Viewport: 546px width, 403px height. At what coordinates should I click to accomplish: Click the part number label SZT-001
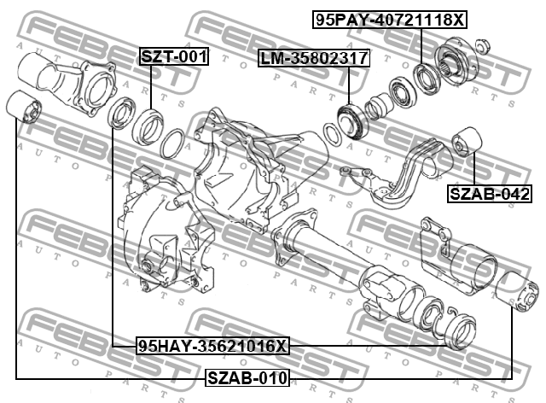pyautogui.click(x=174, y=56)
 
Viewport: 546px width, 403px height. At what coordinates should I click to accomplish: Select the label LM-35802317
pyautogui.click(x=314, y=58)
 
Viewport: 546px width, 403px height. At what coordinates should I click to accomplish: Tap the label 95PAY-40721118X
pyautogui.click(x=390, y=20)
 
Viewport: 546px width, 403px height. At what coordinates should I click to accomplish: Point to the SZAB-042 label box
pyautogui.click(x=490, y=194)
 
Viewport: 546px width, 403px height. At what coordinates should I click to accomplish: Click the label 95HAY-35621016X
pyautogui.click(x=212, y=346)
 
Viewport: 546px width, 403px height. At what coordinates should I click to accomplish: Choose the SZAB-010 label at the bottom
pyautogui.click(x=247, y=377)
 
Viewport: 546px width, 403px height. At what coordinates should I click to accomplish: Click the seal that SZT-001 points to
pyautogui.click(x=148, y=126)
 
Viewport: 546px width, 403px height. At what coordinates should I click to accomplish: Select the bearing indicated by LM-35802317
pyautogui.click(x=352, y=120)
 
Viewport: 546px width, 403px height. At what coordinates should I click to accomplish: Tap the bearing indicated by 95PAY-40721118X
pyautogui.click(x=427, y=78)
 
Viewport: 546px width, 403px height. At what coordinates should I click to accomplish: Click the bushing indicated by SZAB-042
pyautogui.click(x=467, y=142)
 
